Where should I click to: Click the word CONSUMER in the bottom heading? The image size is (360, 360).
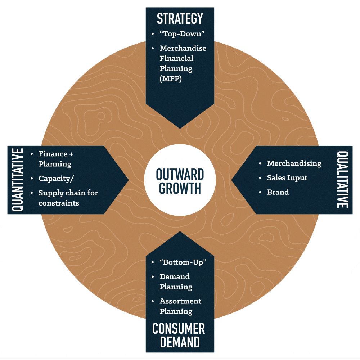179,329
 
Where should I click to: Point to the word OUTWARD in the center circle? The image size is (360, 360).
180,174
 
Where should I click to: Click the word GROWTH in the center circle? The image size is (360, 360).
180,188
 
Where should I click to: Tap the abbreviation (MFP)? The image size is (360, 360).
171,78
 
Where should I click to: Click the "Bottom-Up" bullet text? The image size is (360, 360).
183,262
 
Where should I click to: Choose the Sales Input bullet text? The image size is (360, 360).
287,178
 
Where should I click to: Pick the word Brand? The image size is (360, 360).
278,192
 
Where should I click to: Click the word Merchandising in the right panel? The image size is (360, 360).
294,163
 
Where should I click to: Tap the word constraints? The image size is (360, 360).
59,203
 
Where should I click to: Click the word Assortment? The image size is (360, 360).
180,301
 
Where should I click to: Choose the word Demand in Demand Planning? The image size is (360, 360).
175,276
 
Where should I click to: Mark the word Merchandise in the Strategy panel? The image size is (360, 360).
183,48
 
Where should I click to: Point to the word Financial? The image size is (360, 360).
176,58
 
